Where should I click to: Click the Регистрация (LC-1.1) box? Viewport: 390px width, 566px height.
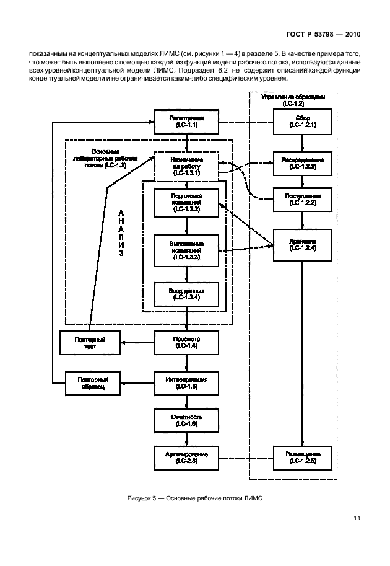point(186,121)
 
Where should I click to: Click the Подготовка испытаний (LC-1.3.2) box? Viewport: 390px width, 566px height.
point(186,203)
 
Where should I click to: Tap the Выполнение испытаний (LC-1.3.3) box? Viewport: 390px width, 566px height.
point(186,249)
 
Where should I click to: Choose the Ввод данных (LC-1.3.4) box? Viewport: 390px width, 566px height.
point(186,294)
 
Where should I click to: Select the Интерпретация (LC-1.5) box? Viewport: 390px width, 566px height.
point(186,382)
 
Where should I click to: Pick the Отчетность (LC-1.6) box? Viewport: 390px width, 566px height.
point(186,420)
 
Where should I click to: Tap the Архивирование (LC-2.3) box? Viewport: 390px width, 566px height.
point(186,458)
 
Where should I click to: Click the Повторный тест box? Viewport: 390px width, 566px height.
point(90,343)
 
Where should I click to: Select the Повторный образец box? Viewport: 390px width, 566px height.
point(90,382)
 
